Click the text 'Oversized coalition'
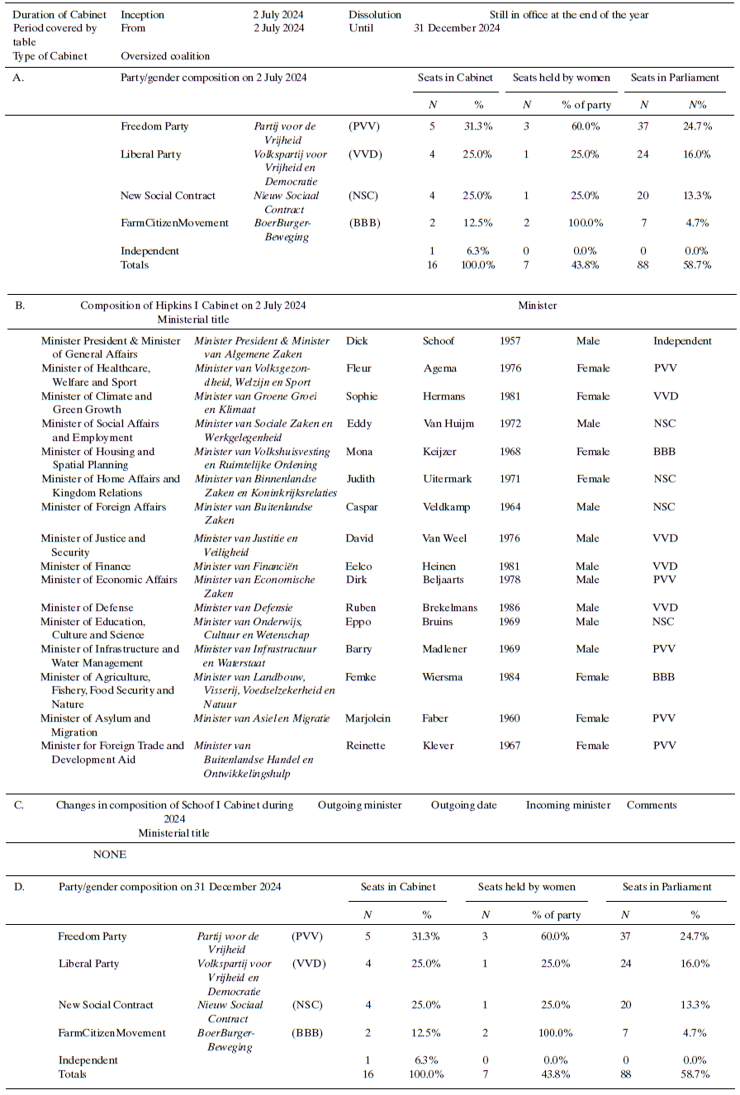tap(165, 56)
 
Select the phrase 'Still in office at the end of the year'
tap(568, 15)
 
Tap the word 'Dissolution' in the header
tap(375, 15)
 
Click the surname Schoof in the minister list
tap(439, 341)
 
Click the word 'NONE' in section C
tap(110, 855)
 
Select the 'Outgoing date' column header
tap(463, 805)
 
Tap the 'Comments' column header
tap(652, 805)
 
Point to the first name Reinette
tap(366, 746)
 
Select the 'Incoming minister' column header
tap(568, 805)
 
